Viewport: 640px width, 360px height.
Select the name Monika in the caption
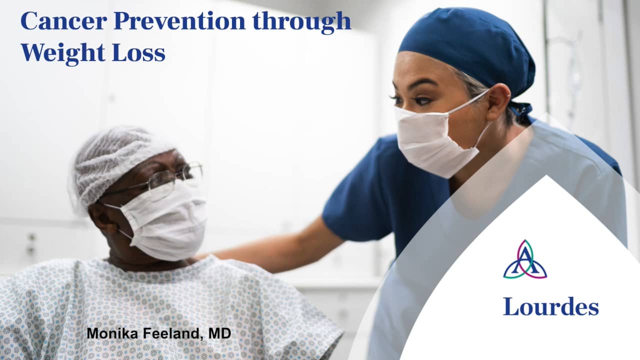[110, 333]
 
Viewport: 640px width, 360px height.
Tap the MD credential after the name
[219, 333]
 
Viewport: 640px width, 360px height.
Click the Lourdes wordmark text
[550, 306]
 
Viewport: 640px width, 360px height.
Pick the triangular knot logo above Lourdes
[524, 259]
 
